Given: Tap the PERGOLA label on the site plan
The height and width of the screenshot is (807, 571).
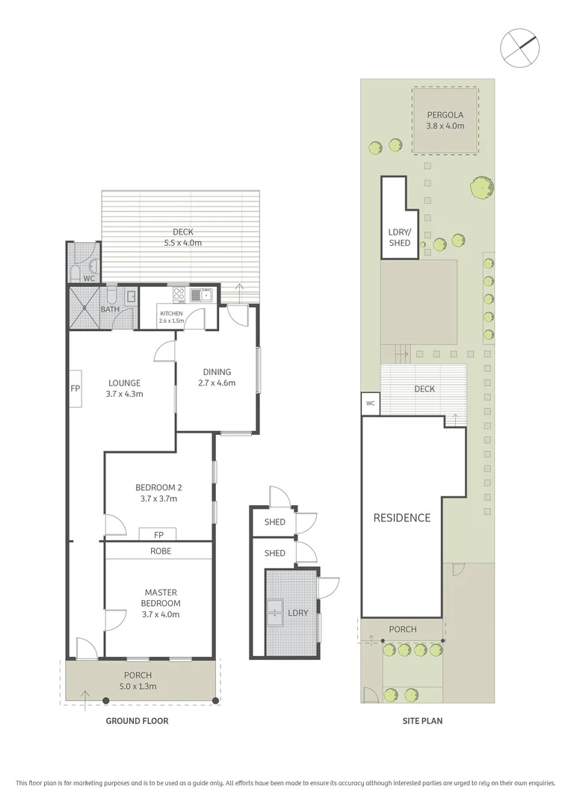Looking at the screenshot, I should pos(445,115).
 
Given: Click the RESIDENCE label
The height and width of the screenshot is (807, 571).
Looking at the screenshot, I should pos(402,518).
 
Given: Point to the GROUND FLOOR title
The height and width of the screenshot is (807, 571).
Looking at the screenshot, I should pos(138,721).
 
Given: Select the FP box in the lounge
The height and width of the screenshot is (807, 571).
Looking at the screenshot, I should pos(75,389).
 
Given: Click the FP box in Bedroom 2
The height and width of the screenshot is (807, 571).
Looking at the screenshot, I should pos(158,534).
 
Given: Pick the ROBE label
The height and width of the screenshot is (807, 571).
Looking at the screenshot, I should pos(160,551).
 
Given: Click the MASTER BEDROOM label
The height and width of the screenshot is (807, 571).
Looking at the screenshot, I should pos(161,598).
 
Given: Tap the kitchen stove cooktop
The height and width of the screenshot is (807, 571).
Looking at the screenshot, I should pos(179,294).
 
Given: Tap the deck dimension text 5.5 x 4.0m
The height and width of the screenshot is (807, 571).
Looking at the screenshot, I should pos(182,243).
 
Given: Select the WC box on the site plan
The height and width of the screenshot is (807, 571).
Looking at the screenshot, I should pos(370,403).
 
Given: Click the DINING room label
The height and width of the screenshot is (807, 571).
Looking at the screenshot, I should pos(217,371).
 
